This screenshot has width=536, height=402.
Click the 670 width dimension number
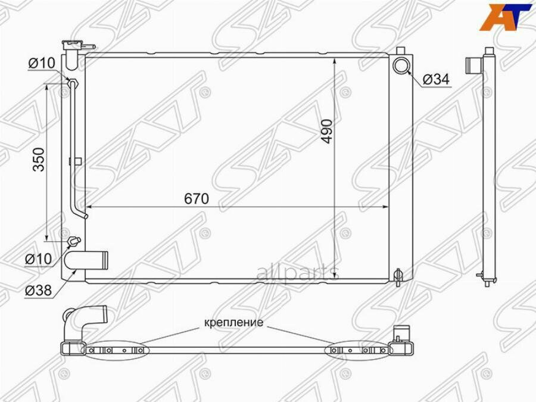pos(196,200)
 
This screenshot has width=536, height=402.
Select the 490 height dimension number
pos(327,130)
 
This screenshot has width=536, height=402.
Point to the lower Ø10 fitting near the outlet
pos(73,241)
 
